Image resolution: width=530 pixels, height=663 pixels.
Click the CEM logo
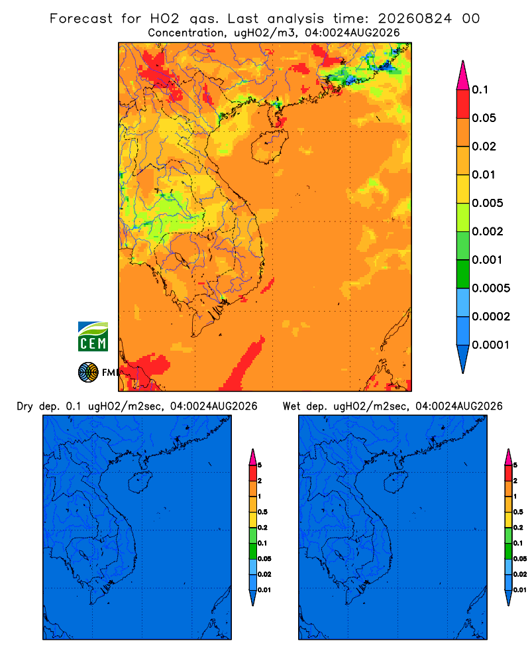93,337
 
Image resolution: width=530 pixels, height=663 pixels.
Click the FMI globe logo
88,373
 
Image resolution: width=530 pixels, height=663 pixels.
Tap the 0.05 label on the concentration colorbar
484,118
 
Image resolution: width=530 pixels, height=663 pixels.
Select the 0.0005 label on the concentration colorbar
491,288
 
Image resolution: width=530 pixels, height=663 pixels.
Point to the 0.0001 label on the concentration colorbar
491,345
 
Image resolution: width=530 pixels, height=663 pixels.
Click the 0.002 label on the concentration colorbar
488,231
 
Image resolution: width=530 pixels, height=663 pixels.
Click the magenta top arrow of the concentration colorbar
463,76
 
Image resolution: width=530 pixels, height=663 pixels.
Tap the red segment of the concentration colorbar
463,104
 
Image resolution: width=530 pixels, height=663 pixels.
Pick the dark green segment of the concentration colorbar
463,274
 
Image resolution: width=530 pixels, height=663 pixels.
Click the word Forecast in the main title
81,19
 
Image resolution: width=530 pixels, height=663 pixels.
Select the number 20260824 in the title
415,19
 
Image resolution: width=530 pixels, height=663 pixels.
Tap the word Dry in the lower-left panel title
25,407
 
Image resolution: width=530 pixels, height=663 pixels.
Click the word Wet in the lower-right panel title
291,406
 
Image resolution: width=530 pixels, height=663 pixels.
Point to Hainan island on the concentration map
269,147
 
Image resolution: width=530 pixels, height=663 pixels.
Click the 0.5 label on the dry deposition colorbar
262,512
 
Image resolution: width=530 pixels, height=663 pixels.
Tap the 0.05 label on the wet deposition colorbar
520,559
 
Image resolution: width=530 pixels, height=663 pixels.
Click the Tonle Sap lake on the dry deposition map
84,554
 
